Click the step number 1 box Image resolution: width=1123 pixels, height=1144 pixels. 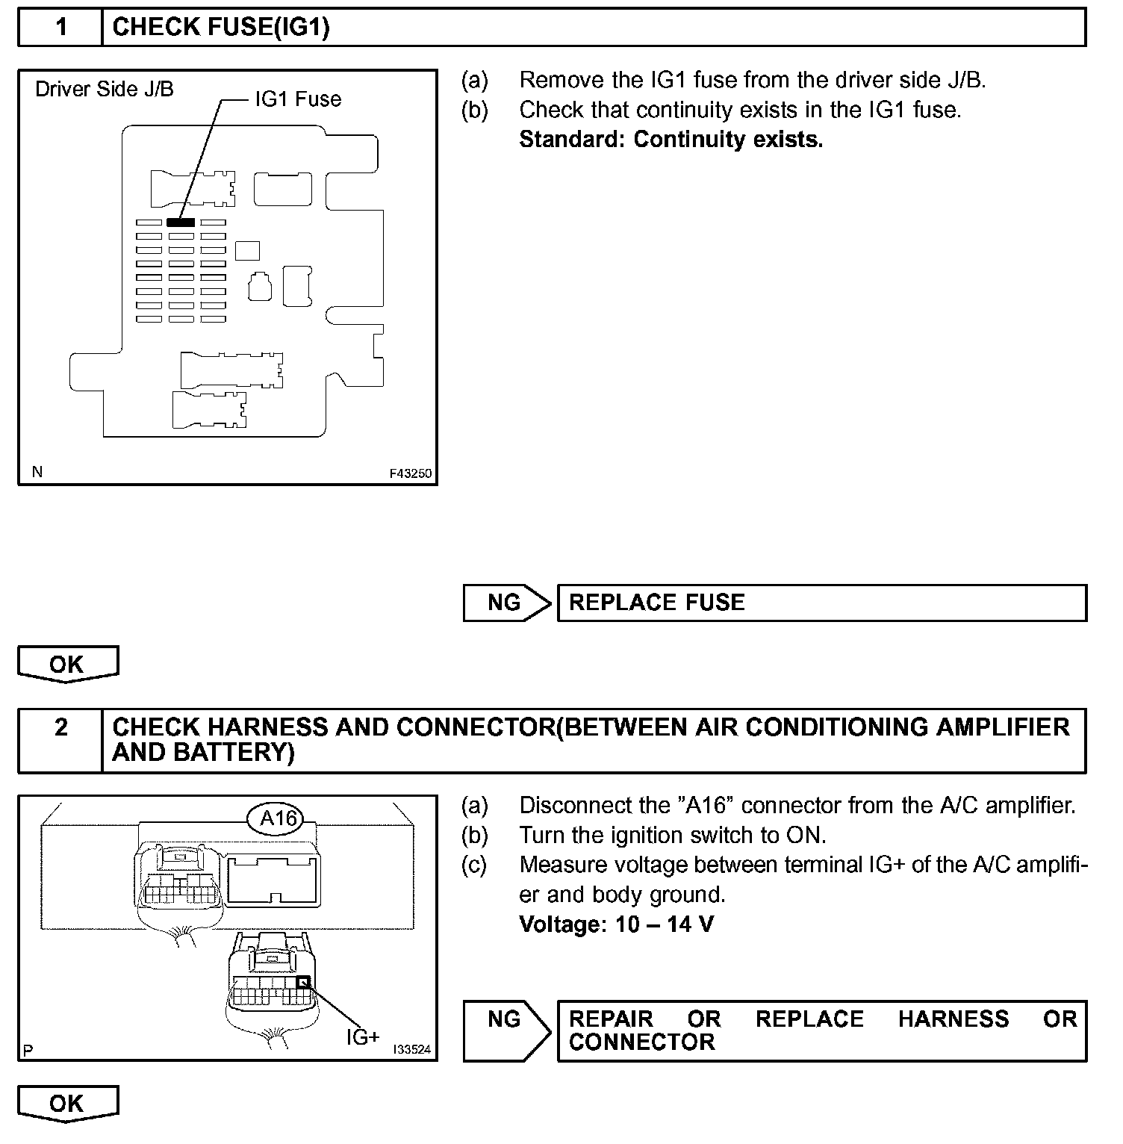point(60,28)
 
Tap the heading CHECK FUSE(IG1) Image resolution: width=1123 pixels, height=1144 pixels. point(221,28)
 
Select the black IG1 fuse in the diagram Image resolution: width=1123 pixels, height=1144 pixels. point(181,222)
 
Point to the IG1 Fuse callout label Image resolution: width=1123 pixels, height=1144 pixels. point(298,99)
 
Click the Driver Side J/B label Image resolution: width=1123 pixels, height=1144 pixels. point(105,90)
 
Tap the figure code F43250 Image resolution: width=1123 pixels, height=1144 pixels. point(410,473)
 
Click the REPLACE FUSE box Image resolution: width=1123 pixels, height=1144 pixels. point(821,603)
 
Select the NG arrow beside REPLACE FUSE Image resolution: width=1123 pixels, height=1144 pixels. point(506,603)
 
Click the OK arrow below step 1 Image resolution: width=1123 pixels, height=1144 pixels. point(67,664)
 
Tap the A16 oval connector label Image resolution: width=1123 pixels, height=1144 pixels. point(279,819)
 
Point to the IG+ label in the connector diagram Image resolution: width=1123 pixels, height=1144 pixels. point(363,1036)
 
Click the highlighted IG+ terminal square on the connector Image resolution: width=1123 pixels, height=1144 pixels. point(303,983)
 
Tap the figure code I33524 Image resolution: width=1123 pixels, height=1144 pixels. point(411,1049)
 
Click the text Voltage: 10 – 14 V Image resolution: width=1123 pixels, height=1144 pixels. point(616,924)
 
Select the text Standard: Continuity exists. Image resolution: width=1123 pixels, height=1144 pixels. point(671,140)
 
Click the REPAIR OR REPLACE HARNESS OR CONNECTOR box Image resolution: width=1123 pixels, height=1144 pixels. point(821,1030)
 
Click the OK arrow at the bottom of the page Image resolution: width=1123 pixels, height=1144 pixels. point(67,1103)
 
